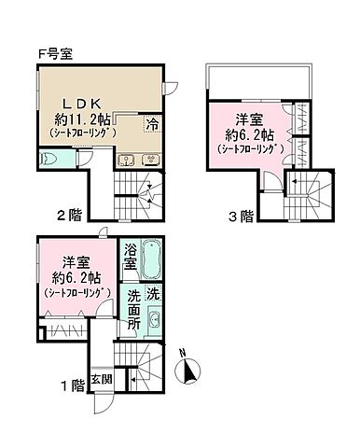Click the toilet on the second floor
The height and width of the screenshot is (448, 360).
pyautogui.click(x=50, y=161)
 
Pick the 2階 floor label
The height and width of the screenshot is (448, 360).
pyautogui.click(x=67, y=216)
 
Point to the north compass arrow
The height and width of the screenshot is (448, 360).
pyautogui.click(x=192, y=371)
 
